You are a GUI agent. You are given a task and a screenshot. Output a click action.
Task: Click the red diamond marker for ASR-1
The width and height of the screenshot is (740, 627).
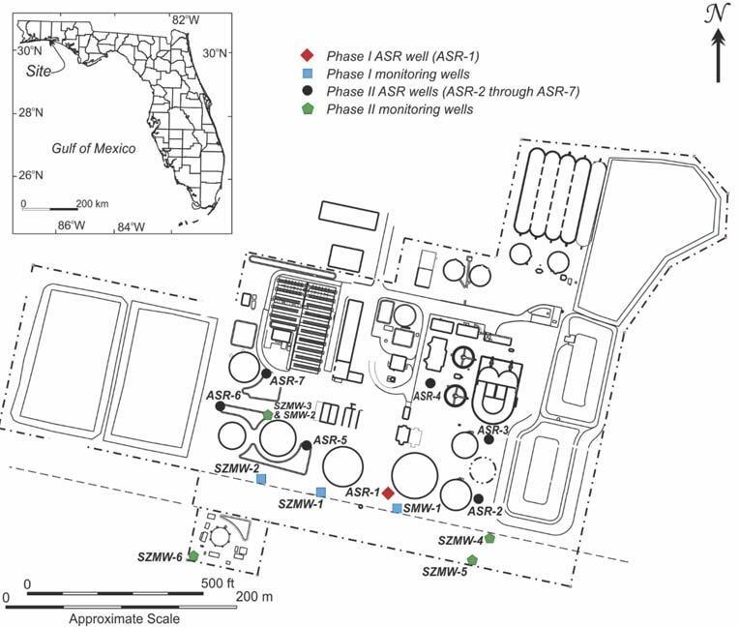tap(387, 493)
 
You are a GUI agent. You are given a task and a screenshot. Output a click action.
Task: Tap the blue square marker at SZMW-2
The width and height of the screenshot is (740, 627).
tap(261, 478)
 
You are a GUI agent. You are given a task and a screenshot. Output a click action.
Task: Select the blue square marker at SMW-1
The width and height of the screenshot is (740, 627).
tap(397, 507)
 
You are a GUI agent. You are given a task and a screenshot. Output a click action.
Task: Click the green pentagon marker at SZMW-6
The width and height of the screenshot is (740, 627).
tap(193, 555)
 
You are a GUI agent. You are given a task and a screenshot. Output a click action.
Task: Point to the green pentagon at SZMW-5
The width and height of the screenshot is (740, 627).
tap(472, 559)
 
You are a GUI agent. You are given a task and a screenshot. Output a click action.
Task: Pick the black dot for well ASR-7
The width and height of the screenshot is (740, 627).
tap(266, 373)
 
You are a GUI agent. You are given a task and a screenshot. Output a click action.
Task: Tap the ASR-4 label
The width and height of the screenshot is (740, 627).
tap(427, 396)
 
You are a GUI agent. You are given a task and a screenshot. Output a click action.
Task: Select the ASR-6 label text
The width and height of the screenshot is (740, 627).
tap(223, 396)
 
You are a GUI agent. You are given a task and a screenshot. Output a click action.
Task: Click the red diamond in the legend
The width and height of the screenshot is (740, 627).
tap(307, 54)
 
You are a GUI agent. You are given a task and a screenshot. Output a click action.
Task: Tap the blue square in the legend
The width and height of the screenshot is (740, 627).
tap(307, 73)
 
